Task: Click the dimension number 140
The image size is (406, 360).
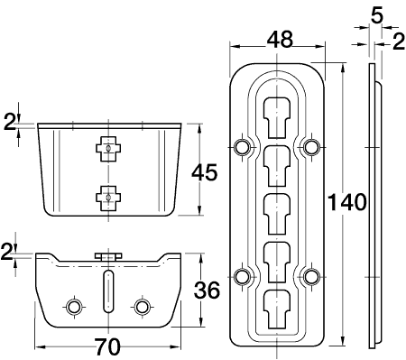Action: point(346,202)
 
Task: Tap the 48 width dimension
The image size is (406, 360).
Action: point(280,40)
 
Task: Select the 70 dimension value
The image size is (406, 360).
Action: point(107,346)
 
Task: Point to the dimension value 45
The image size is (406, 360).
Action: point(205,172)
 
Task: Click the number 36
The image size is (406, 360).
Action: point(207,291)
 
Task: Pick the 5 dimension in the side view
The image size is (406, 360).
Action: point(377,15)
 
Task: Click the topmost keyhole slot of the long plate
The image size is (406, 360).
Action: point(277,117)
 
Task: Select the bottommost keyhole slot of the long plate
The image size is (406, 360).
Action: point(277,309)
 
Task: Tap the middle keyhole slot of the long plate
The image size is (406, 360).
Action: point(277,214)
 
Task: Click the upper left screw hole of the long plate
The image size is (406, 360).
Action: point(242,147)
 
